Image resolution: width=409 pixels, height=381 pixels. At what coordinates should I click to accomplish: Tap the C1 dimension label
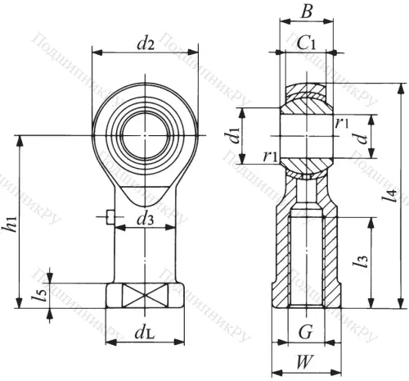click(x=308, y=43)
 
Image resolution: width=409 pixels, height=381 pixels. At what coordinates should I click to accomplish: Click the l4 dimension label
click(x=393, y=194)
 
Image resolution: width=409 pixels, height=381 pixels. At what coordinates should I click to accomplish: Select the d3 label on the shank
click(x=145, y=220)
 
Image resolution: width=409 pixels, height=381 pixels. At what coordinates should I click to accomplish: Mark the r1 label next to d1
click(x=270, y=156)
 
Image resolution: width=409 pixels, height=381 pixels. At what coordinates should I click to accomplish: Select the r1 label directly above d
click(x=342, y=123)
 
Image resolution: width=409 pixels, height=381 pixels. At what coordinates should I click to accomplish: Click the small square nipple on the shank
click(x=109, y=216)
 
